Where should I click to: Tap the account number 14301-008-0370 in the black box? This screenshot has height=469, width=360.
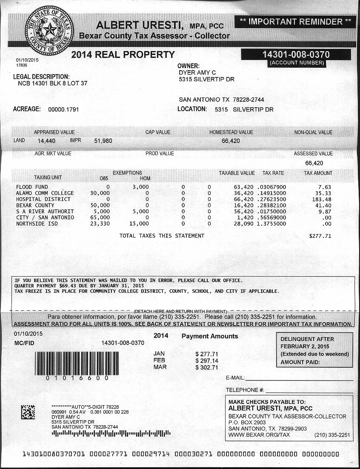point(296,54)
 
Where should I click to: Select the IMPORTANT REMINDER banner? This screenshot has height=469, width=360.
point(295,21)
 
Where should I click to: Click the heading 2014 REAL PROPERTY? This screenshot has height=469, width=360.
point(123,54)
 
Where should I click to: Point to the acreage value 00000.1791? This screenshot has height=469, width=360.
point(63,109)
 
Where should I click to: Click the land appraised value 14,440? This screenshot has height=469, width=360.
point(47,140)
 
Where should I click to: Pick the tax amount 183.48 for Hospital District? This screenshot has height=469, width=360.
point(321,199)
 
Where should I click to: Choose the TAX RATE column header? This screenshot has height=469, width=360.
point(273,173)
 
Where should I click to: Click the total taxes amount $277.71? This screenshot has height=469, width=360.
point(320,236)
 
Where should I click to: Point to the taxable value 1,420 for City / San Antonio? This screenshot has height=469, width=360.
point(245,217)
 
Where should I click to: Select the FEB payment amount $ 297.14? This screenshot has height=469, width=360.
point(206,360)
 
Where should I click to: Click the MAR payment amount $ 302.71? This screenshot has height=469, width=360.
point(206,367)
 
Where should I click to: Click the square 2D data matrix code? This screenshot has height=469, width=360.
point(28,412)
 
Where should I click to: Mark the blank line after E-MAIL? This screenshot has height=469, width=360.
point(299,378)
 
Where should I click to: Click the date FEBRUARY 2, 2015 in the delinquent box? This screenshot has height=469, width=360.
point(305,346)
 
